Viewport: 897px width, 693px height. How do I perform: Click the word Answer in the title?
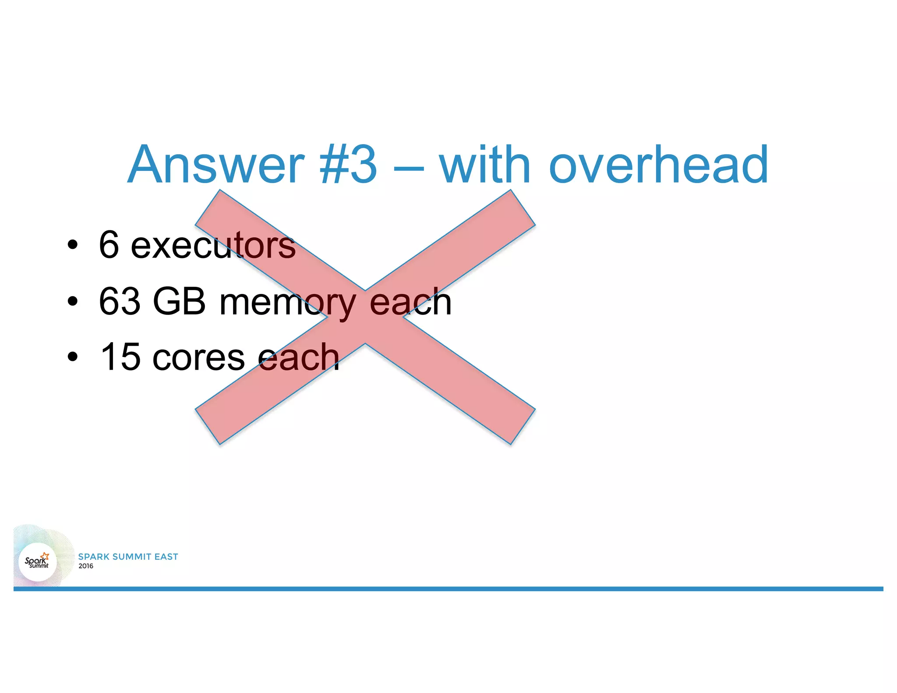click(215, 166)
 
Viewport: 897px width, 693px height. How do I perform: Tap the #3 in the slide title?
click(348, 166)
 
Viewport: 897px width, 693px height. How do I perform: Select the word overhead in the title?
click(658, 166)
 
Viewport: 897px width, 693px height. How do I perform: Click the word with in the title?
click(485, 166)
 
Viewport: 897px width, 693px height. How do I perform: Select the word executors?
click(213, 245)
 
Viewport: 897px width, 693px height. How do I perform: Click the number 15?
click(120, 357)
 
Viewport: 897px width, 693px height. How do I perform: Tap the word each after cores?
click(299, 357)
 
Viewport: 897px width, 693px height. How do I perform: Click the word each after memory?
click(410, 301)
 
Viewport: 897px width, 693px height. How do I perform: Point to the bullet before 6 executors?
click(73, 245)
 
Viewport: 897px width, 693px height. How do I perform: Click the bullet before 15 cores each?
click(73, 357)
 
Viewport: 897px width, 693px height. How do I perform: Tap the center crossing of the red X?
click(365, 317)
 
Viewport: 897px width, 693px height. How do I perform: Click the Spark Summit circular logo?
click(38, 561)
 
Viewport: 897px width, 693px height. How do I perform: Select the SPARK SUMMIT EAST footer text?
click(128, 557)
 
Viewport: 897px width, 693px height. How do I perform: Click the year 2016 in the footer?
click(86, 566)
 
